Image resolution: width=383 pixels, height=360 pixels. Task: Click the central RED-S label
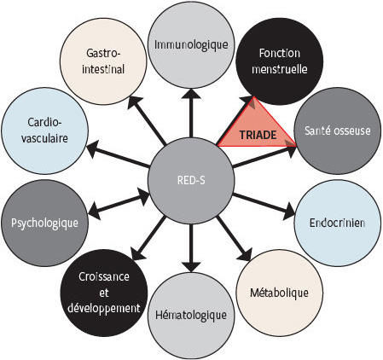191,181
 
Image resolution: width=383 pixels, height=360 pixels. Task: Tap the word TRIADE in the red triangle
258,135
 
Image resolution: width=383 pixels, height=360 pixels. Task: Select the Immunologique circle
191,45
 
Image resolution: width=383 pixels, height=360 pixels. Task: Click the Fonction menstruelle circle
280,61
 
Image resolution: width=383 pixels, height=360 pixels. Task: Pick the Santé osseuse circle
338,131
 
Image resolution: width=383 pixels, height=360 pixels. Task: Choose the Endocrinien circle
338,223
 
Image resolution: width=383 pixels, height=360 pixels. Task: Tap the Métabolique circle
280,293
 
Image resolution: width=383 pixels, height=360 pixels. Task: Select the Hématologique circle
191,316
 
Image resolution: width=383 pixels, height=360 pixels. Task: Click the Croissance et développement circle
104,293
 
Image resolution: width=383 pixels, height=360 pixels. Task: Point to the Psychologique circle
44,223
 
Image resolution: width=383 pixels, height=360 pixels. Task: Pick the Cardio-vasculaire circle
44,131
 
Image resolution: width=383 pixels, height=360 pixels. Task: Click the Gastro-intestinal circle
103,61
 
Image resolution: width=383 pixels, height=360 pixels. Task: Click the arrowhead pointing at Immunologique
191,94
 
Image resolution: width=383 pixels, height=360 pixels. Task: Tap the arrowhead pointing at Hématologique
191,267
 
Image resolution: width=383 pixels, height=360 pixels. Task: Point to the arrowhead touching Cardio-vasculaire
93,149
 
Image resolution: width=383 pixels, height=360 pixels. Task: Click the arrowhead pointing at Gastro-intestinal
134,102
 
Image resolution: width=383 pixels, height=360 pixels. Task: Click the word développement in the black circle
104,309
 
